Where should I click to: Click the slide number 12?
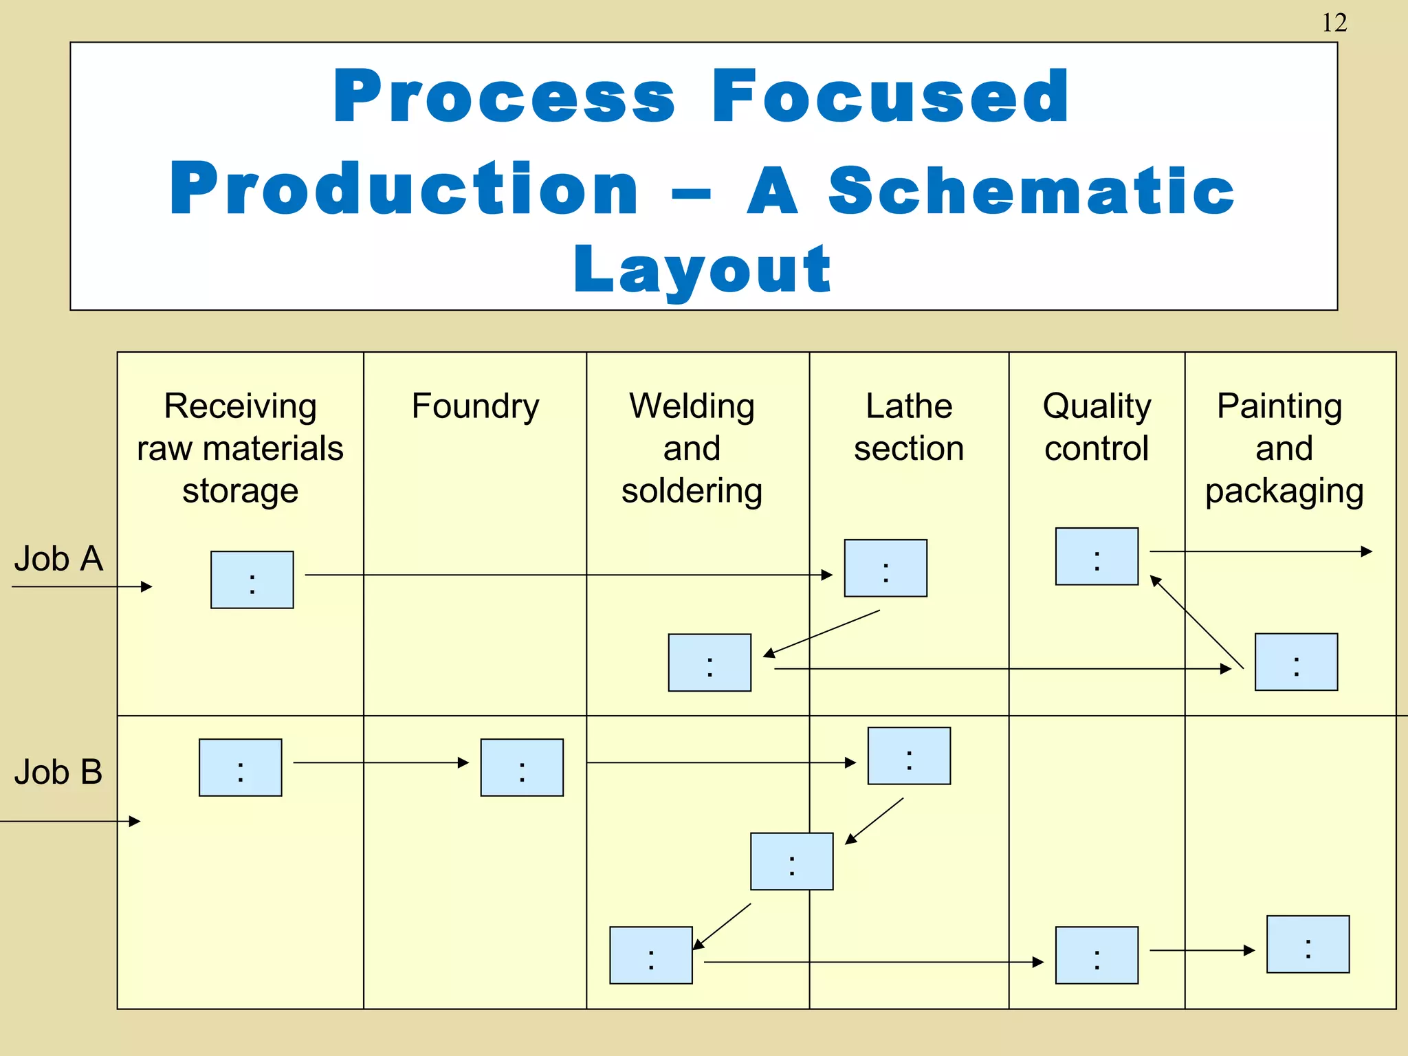[x=1334, y=23]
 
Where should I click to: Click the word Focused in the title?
[x=890, y=97]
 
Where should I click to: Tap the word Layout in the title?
[x=702, y=269]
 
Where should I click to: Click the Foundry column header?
[x=475, y=406]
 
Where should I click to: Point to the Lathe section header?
[x=909, y=427]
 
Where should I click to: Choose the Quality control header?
[x=1097, y=427]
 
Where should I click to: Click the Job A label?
[x=58, y=558]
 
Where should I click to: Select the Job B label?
[x=58, y=771]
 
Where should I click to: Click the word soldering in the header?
[x=692, y=491]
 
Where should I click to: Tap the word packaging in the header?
[x=1284, y=491]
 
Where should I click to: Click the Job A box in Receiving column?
[x=252, y=580]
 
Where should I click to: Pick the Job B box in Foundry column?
[x=522, y=767]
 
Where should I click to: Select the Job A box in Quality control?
[x=1097, y=556]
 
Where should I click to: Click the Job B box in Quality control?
[x=1097, y=955]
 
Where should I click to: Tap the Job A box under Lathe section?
[x=885, y=568]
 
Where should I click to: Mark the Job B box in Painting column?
[x=1308, y=944]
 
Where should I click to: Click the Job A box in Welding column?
[x=709, y=662]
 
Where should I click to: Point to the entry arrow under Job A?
[x=82, y=586]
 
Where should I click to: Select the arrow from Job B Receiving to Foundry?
[x=381, y=762]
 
